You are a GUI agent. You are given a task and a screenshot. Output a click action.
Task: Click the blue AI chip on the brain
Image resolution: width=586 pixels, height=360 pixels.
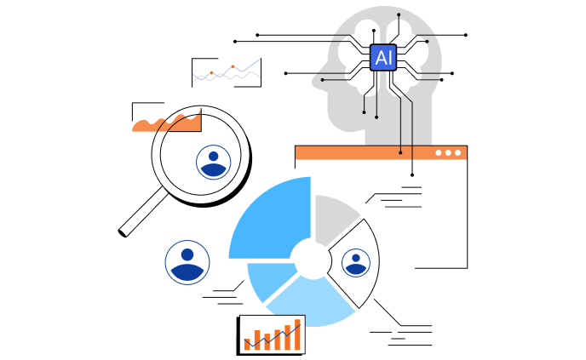(383, 57)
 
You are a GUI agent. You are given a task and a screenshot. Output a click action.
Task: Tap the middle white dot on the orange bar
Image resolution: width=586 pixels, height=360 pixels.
(448, 153)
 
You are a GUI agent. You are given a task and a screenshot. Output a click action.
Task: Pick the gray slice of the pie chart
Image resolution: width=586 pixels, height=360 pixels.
(335, 215)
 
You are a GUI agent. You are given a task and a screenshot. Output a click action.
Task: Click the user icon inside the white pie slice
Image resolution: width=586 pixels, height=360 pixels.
(356, 262)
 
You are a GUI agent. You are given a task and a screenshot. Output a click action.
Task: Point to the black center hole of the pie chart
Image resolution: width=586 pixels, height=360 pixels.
(312, 259)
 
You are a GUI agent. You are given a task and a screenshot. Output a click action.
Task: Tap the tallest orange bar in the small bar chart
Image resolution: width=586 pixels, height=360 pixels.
(296, 334)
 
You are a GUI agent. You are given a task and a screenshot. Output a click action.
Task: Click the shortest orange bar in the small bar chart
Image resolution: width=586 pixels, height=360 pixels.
(247, 345)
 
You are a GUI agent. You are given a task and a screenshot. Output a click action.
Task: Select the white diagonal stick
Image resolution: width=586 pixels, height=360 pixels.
(144, 211)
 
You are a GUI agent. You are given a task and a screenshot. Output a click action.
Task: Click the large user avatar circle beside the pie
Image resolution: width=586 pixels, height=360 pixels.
(187, 262)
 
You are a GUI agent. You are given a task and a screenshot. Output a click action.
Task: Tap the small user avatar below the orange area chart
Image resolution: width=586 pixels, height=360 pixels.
(213, 162)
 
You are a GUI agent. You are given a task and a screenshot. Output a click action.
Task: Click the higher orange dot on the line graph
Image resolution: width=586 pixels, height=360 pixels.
(233, 66)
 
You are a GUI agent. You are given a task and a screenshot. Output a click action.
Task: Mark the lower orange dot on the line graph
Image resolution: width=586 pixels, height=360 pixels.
(211, 73)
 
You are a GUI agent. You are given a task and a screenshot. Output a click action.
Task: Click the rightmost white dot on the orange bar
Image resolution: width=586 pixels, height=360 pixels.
(458, 153)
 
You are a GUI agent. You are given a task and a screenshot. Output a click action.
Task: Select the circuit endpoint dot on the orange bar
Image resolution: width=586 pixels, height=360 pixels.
(400, 152)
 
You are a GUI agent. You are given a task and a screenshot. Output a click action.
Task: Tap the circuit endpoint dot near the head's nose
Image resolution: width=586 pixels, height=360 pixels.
(322, 80)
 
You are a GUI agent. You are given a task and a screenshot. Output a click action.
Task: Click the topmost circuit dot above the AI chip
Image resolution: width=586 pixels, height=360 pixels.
(399, 14)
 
